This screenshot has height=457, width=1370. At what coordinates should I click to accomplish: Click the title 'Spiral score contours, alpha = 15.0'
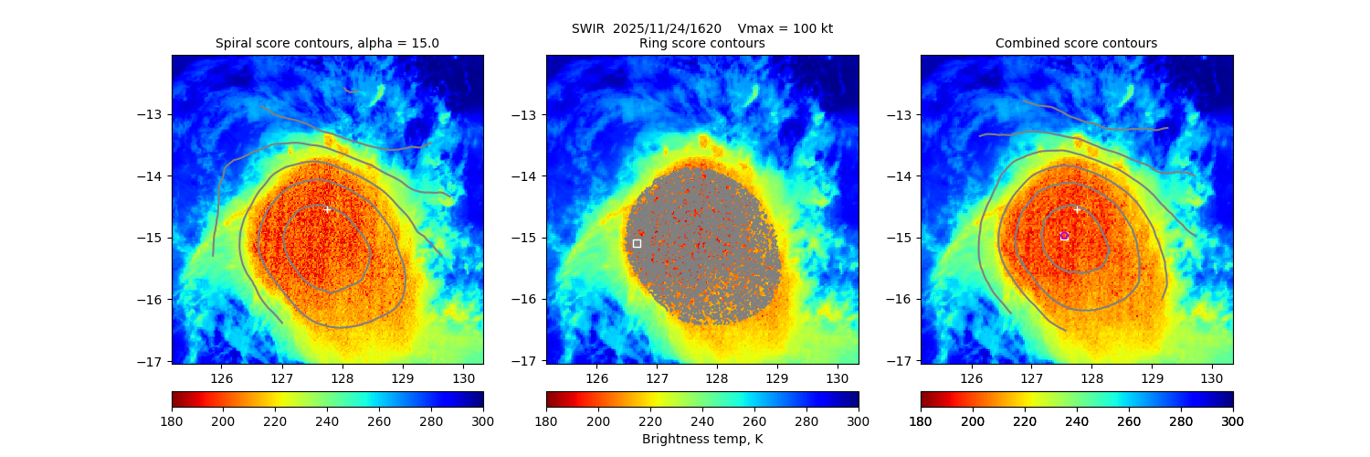coord(327,43)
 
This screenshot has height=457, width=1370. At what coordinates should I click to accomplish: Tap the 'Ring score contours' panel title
coord(701,43)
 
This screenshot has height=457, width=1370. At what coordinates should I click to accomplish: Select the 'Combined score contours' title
coord(1076,43)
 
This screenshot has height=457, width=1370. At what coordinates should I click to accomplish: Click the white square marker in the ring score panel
coord(637,243)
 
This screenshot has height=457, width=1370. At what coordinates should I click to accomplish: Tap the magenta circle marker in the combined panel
coord(1064,235)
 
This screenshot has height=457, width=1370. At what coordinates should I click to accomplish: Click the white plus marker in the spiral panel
coord(327,209)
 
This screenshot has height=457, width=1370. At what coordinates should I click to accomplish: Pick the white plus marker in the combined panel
coord(1077,209)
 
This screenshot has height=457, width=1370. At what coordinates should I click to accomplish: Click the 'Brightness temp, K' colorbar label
coord(701,440)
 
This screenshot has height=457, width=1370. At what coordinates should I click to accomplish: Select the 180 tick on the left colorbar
coord(173,421)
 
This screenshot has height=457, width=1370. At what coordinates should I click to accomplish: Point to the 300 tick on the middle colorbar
coord(859,421)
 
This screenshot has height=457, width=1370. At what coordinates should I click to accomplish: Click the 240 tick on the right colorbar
coord(1077,421)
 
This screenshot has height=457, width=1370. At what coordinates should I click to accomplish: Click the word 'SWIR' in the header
coord(589,28)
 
